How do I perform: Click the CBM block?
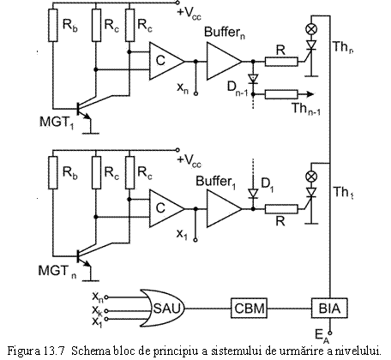(x=249, y=309)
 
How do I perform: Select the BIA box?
(x=329, y=309)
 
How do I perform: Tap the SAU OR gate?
(x=162, y=309)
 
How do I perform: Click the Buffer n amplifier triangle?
(x=225, y=61)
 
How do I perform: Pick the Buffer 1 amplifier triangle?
(x=225, y=209)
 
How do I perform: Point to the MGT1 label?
(x=57, y=123)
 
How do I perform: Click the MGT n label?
(x=57, y=271)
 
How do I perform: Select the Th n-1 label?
(x=306, y=109)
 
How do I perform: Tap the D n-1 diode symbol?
(x=253, y=79)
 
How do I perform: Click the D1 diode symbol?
(x=253, y=194)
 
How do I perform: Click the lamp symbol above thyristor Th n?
(x=311, y=28)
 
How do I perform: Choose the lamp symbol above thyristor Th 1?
(x=311, y=176)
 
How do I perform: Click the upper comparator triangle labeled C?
(x=166, y=61)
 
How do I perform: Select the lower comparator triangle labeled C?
(x=166, y=209)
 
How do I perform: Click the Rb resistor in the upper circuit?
(x=53, y=25)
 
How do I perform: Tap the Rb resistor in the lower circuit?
(x=53, y=172)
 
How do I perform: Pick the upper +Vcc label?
(x=189, y=13)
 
